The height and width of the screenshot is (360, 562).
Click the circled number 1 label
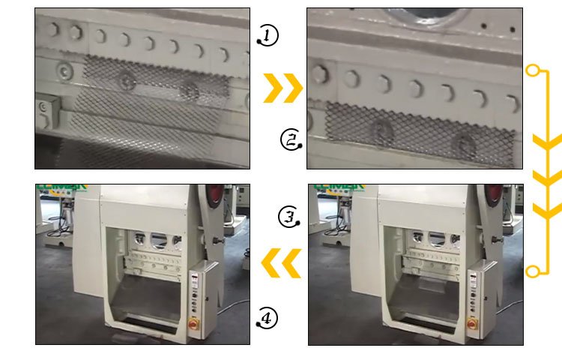[268, 34]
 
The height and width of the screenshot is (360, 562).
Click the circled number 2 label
[289, 139]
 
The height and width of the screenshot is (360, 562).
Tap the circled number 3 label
[289, 217]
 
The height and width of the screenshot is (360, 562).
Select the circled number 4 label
[267, 319]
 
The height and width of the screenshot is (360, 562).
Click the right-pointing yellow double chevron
[282, 88]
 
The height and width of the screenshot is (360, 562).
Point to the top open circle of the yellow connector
[533, 71]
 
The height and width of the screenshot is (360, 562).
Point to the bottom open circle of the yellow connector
[533, 271]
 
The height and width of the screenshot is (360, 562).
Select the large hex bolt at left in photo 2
[321, 73]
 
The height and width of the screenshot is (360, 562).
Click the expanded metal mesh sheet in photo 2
[420, 129]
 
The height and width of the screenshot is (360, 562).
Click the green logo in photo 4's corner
[63, 187]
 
